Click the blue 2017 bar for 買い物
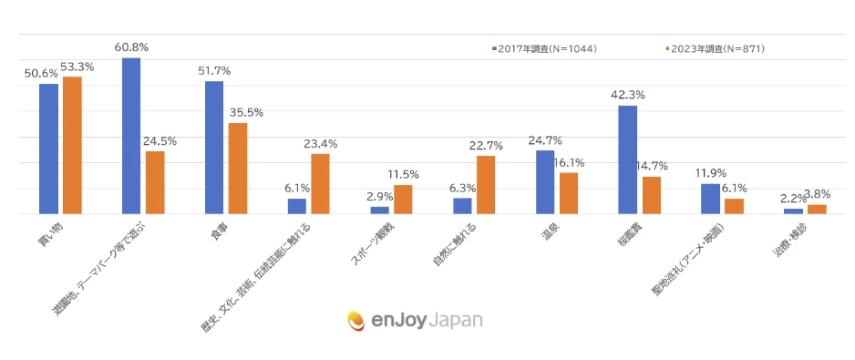48,149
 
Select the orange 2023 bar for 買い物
72,146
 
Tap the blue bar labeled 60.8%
131,137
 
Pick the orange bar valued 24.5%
155,183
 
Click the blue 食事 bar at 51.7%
214,149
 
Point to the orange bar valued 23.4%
320,184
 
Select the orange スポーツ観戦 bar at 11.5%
403,200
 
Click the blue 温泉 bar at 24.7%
545,182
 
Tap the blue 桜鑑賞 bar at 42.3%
628,160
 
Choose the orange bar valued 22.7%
486,185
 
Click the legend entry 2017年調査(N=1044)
545,48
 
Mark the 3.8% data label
818,193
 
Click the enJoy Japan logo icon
356,321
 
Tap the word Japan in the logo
453,321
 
